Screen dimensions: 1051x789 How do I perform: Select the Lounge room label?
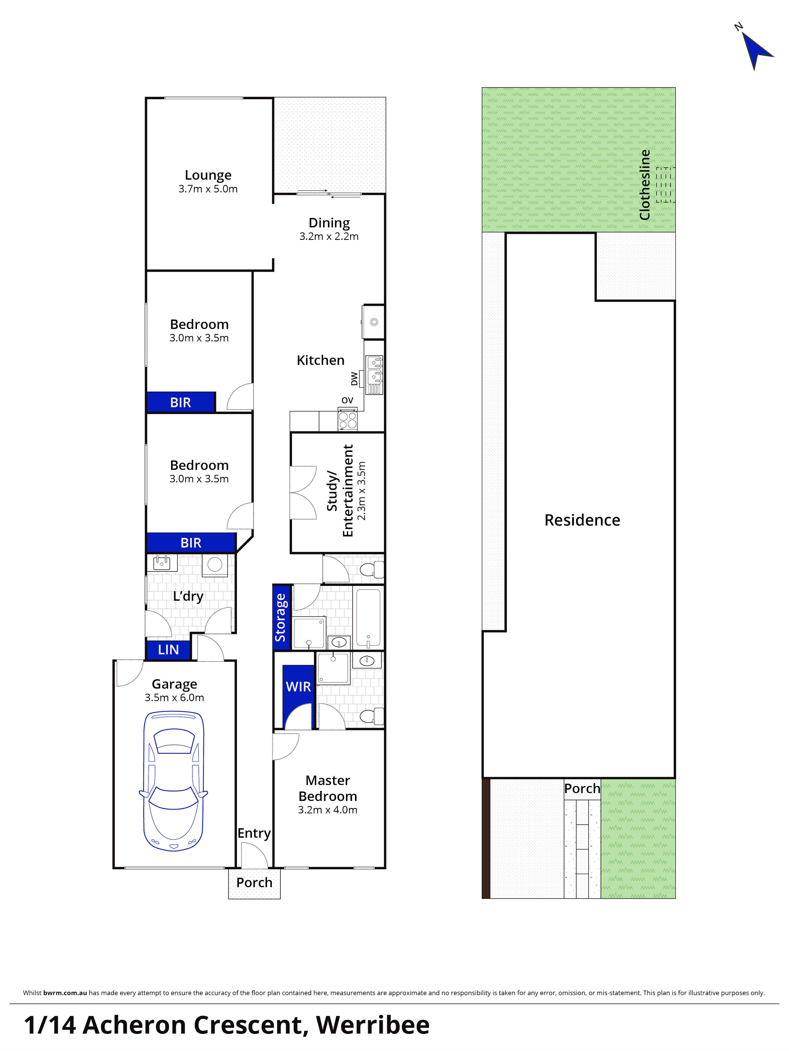(208, 175)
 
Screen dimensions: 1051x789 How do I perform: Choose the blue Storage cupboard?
(281, 617)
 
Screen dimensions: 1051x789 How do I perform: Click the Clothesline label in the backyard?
(645, 185)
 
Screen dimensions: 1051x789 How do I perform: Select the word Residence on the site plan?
(582, 520)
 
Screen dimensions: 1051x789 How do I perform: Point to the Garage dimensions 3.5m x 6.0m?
(174, 698)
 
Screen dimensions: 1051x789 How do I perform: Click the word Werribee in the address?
(373, 1025)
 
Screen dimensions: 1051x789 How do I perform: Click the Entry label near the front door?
(254, 833)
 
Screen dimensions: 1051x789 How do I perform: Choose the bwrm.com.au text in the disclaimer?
(65, 993)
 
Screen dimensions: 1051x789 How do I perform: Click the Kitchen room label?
(321, 360)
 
